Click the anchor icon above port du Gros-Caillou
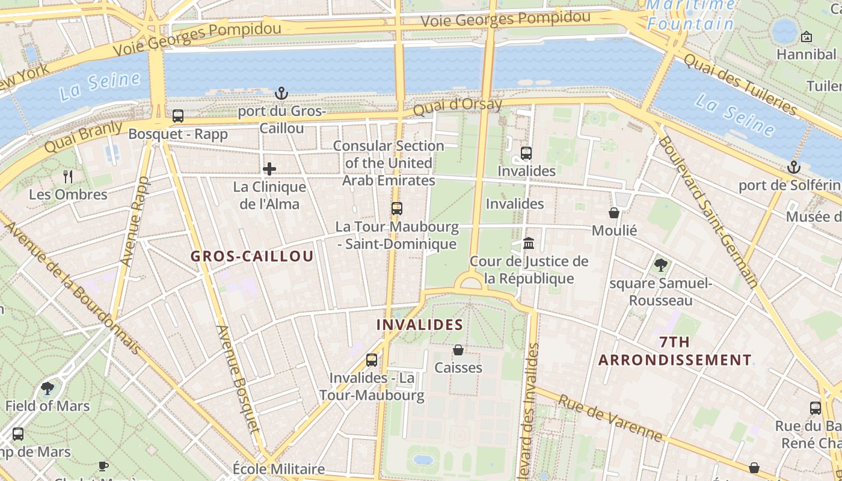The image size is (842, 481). click(x=281, y=93)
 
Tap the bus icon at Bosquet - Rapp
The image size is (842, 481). click(x=177, y=116)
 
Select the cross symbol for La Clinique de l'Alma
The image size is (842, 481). click(x=269, y=169)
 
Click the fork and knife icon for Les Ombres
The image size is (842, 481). click(x=68, y=177)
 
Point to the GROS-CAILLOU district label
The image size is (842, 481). click(x=252, y=256)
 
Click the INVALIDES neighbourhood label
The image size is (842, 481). click(x=419, y=325)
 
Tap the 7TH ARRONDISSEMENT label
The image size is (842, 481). click(x=675, y=351)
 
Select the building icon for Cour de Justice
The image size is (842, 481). click(x=529, y=244)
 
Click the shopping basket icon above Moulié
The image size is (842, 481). click(x=613, y=213)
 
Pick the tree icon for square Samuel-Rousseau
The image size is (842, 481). click(x=660, y=265)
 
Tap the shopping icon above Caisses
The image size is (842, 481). click(x=458, y=350)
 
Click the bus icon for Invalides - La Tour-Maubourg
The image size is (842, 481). click(x=372, y=360)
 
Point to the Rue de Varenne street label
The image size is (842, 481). click(x=610, y=417)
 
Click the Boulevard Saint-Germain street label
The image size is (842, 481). click(x=707, y=210)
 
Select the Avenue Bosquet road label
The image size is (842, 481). click(x=239, y=379)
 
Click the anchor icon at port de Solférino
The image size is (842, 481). click(x=794, y=167)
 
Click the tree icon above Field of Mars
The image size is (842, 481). click(x=48, y=388)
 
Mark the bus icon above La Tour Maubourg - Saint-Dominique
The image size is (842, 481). click(x=396, y=209)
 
